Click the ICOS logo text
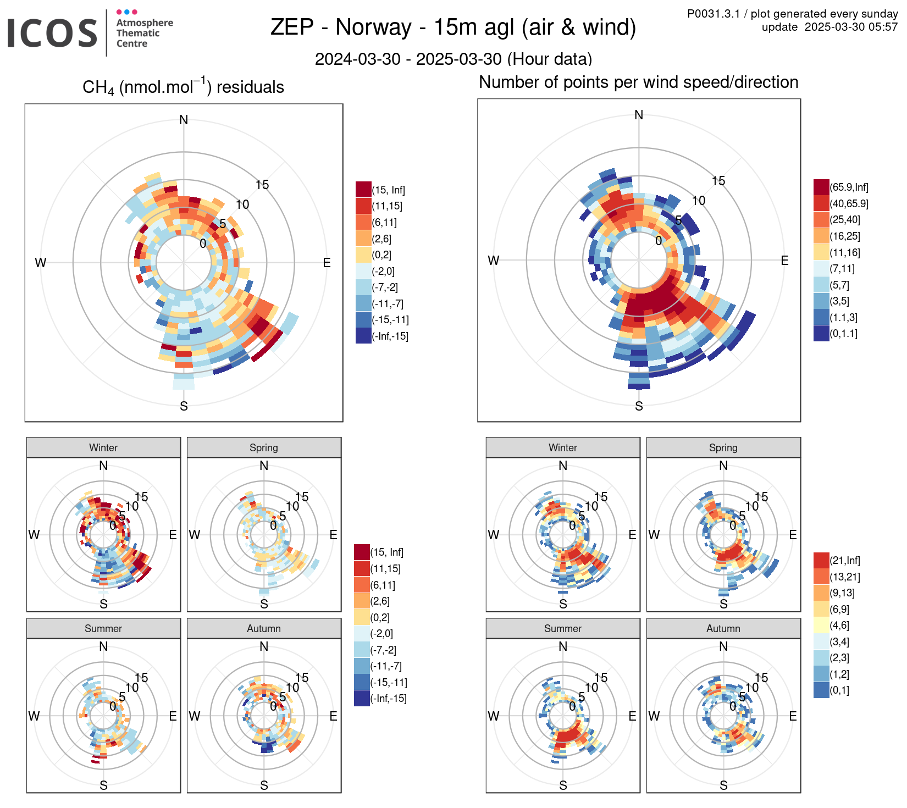click(52, 32)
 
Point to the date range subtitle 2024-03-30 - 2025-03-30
click(453, 59)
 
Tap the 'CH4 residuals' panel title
click(183, 87)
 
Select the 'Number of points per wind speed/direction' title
click(638, 82)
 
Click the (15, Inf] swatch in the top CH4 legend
click(363, 190)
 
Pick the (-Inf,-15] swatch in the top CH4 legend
click(363, 336)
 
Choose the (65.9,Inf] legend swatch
click(821, 187)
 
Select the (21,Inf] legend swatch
click(821, 560)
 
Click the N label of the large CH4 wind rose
click(184, 120)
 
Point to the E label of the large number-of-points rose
click(784, 261)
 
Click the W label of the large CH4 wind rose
click(40, 263)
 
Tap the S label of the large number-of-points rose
click(639, 406)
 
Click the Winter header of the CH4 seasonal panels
click(103, 447)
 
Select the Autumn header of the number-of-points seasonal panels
click(723, 628)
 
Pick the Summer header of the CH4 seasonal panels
click(103, 628)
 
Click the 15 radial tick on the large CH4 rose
click(262, 185)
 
